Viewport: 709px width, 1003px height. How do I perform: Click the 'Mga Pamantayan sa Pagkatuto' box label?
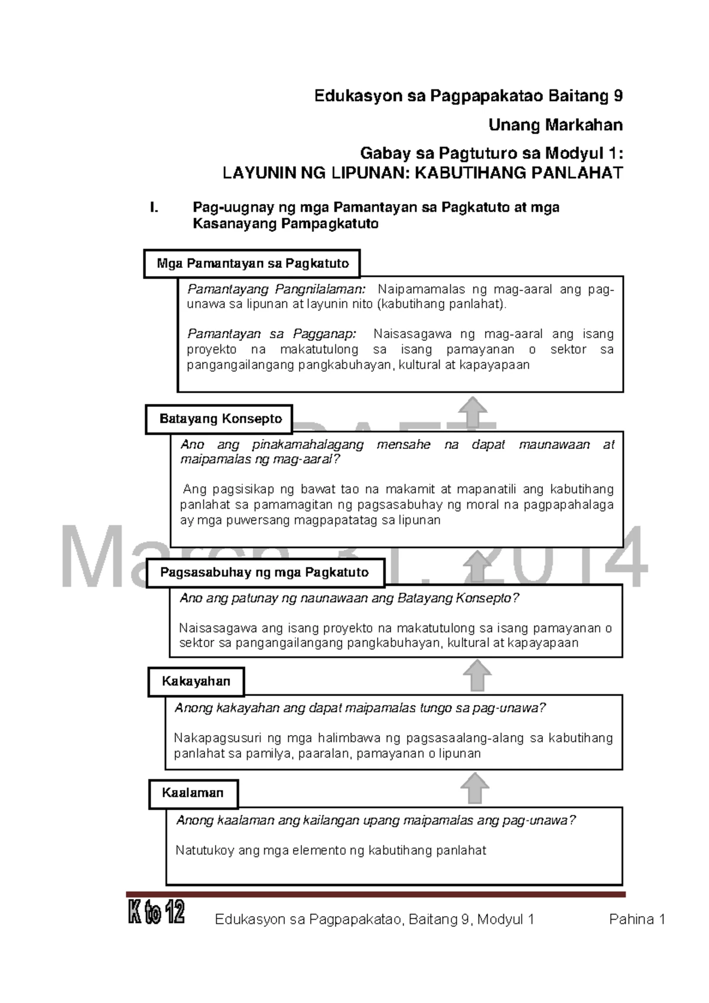(252, 264)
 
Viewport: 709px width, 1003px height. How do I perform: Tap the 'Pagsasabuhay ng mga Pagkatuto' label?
(264, 572)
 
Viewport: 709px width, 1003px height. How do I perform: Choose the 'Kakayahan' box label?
(196, 681)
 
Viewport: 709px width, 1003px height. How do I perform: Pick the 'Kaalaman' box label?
(193, 793)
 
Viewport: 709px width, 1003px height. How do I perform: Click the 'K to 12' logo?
(157, 912)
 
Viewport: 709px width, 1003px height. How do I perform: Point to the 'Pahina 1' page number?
(637, 920)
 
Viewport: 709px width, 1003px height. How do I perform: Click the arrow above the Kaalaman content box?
(475, 789)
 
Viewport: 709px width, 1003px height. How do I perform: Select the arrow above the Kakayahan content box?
(477, 675)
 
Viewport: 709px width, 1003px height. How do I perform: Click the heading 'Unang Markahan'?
(555, 125)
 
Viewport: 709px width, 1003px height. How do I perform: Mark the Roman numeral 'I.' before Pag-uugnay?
(155, 208)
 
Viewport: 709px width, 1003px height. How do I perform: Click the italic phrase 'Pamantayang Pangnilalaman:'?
(277, 289)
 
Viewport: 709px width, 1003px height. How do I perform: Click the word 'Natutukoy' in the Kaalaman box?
(205, 850)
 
